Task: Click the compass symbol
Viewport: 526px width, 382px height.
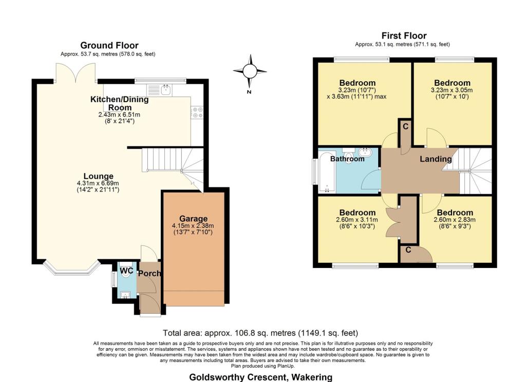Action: coord(250,71)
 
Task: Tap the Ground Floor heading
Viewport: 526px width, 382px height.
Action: coord(109,46)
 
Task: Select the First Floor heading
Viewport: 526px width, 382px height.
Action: coord(404,35)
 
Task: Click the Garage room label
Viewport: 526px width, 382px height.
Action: coord(193,218)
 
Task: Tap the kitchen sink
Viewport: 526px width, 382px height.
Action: coord(166,90)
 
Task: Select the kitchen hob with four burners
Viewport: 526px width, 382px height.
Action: coord(197,112)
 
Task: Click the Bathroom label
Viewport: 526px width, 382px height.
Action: coord(347,159)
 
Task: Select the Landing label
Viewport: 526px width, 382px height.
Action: coord(436,159)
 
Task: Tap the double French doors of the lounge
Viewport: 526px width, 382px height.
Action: coord(75,72)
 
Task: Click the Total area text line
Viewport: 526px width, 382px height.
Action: coord(260,333)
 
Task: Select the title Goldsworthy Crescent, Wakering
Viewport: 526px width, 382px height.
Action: coord(260,377)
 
